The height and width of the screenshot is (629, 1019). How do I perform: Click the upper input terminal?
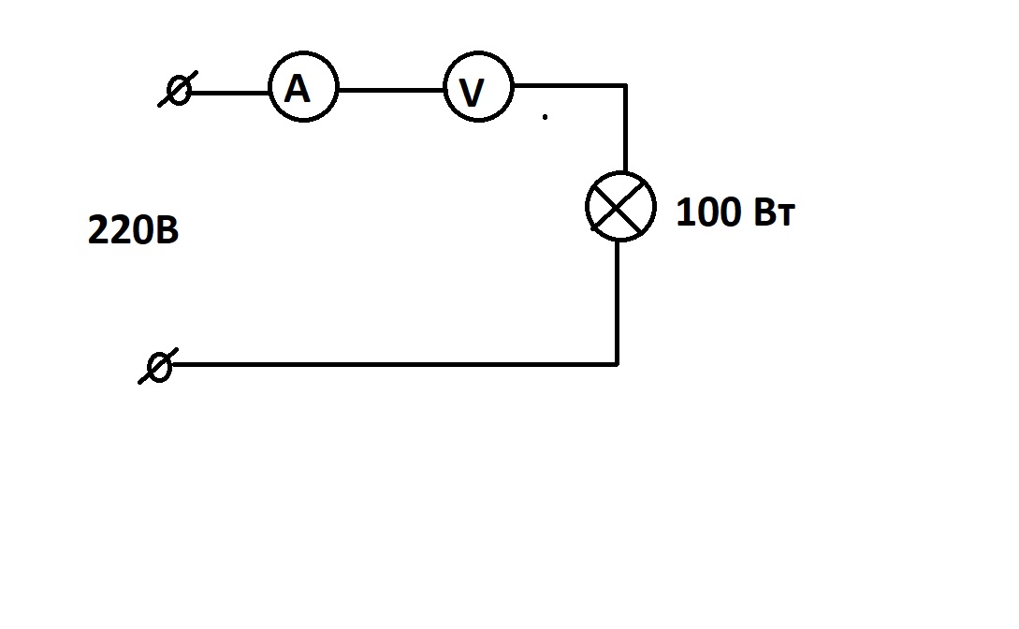click(178, 90)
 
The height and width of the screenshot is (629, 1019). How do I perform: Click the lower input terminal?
click(158, 367)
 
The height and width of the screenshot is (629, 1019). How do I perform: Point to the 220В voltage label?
click(133, 230)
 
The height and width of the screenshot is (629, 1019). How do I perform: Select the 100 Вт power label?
click(735, 212)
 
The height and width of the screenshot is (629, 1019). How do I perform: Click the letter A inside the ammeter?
click(297, 88)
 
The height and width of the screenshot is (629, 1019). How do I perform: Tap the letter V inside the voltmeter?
click(472, 93)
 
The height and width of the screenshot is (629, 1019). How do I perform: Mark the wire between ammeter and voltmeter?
click(391, 90)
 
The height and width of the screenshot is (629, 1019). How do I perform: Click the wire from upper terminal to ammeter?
click(229, 93)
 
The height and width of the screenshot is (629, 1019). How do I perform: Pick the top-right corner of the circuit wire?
click(626, 84)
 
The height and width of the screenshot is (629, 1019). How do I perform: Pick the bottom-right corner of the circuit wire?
click(617, 364)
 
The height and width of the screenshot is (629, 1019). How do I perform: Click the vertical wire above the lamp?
click(625, 128)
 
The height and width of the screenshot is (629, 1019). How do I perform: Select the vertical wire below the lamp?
click(617, 303)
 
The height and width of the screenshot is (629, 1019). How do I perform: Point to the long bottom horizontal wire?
click(394, 364)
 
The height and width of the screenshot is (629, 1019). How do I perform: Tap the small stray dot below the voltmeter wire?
click(545, 117)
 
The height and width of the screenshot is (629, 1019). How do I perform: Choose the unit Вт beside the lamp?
click(775, 212)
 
